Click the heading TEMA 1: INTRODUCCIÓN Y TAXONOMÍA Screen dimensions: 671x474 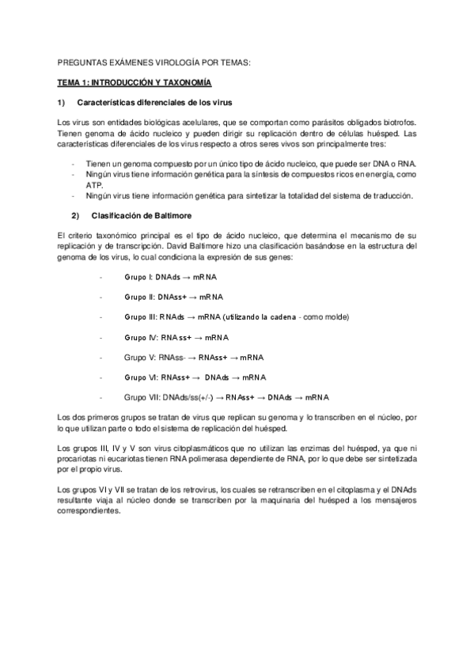(133, 82)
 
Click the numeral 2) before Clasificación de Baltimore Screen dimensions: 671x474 (75, 216)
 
